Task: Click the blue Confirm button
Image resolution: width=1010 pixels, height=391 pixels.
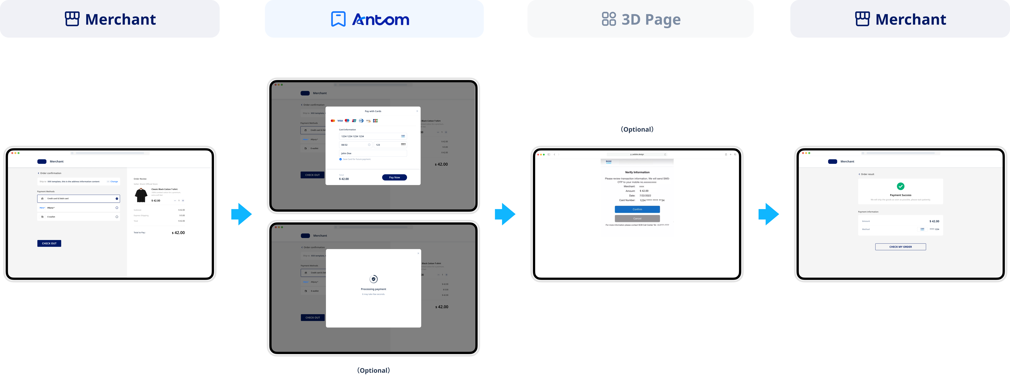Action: point(637,209)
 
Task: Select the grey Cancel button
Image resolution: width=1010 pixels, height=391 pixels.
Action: point(637,218)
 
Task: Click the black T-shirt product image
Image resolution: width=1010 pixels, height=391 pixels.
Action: point(141,195)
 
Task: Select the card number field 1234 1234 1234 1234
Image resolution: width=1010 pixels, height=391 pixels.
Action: point(369,136)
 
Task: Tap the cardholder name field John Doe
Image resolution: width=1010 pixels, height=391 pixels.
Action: point(373,154)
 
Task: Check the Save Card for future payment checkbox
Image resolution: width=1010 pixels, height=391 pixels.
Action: point(340,159)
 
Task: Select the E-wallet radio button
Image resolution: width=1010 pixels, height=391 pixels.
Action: point(117,217)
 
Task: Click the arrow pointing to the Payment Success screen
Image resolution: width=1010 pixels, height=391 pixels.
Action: point(768,214)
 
